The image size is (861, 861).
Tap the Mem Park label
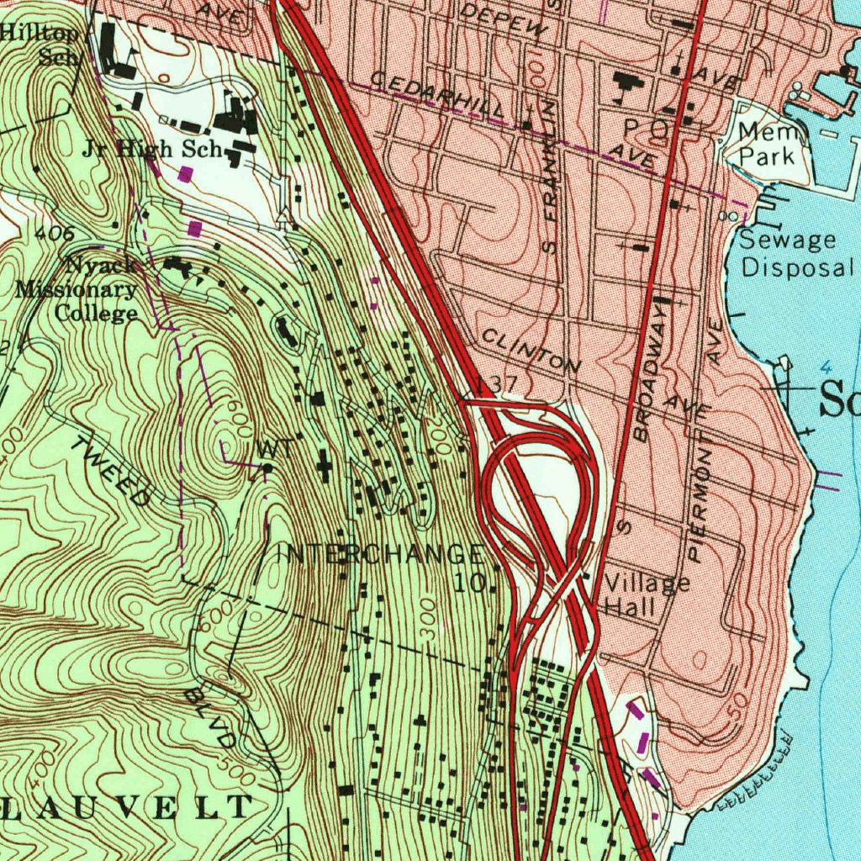[767, 144]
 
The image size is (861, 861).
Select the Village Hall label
[646, 595]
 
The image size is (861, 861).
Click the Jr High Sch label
[151, 150]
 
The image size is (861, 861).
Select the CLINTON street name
[531, 351]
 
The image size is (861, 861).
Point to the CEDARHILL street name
[437, 97]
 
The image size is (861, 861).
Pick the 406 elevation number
[55, 235]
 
